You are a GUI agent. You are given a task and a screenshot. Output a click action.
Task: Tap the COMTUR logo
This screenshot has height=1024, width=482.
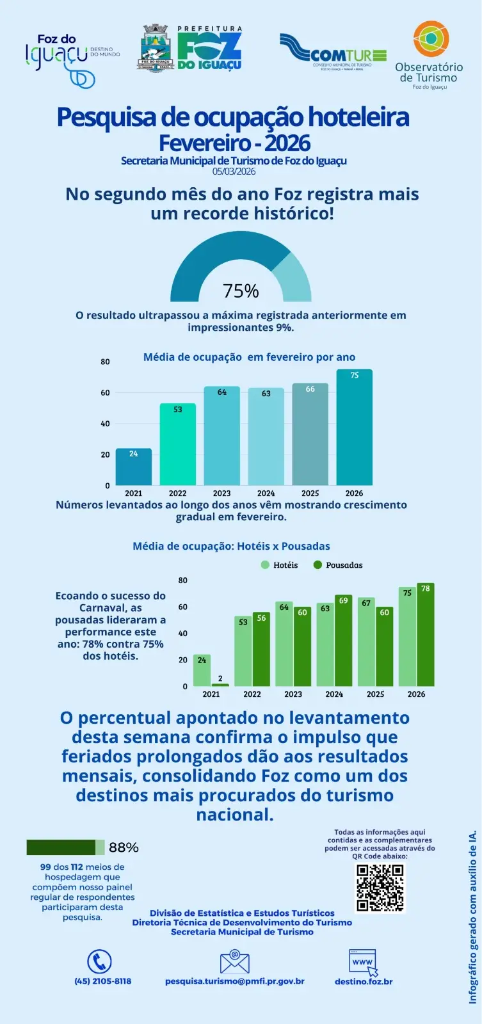click(333, 51)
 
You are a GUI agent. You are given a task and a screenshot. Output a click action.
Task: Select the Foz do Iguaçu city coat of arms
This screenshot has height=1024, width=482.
click(155, 47)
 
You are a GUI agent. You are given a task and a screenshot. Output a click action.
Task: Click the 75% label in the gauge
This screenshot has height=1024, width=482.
click(241, 291)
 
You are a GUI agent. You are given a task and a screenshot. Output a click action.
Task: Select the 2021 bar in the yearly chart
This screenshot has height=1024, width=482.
click(134, 467)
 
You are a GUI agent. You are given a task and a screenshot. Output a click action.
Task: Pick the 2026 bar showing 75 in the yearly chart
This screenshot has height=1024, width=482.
click(354, 428)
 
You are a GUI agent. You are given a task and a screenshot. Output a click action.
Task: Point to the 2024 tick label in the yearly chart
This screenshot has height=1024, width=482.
click(266, 493)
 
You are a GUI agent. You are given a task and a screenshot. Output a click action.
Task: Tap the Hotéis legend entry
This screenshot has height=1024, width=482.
click(280, 565)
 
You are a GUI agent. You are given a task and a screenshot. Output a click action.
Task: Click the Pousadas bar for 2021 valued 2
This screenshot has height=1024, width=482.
click(220, 685)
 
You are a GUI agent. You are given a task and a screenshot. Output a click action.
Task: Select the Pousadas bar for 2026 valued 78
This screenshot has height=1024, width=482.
click(426, 635)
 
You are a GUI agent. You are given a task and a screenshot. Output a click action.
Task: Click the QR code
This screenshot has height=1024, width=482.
click(380, 887)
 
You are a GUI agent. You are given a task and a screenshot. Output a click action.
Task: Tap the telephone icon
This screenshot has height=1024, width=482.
click(99, 962)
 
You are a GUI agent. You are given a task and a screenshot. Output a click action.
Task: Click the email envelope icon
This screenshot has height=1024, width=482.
click(234, 963)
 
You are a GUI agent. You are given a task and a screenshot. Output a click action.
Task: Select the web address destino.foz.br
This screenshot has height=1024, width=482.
click(364, 981)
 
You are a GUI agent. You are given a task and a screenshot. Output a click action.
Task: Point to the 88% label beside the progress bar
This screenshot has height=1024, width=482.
click(124, 847)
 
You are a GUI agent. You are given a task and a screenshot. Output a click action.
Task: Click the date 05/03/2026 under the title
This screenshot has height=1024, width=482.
click(234, 172)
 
